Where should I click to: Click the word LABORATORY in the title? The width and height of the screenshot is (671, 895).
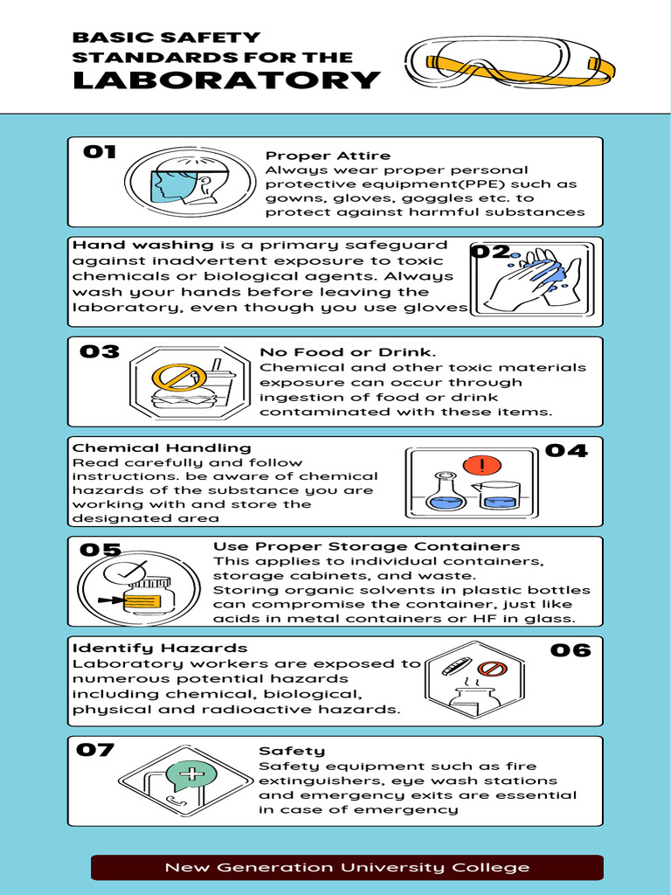[225, 80]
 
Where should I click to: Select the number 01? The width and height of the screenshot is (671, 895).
[100, 152]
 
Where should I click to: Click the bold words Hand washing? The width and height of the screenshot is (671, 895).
[142, 245]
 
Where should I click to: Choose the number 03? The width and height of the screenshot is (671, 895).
[100, 351]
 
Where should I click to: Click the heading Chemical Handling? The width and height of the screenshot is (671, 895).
[161, 447]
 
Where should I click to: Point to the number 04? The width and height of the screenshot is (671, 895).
[566, 451]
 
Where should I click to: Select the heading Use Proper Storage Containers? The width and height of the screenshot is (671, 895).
[366, 546]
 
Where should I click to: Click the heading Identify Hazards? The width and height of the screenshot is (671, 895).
[159, 648]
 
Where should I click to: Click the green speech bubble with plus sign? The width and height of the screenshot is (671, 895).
[191, 774]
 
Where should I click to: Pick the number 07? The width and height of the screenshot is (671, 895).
[95, 750]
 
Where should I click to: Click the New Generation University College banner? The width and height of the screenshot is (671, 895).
[347, 867]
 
